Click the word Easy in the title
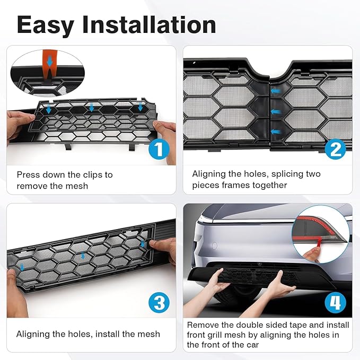pos(46,25)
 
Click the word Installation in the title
pos(149,24)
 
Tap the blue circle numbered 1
pos(159,150)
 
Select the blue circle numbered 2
pos(336,149)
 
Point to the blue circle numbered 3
pos(159,302)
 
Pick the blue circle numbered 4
pos(336,302)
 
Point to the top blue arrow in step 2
pos(276,91)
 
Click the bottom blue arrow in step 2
pos(276,132)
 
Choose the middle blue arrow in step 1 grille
pos(91,107)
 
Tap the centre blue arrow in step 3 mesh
pos(83,255)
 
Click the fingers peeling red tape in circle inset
pos(313,252)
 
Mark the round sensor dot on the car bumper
pos(214,245)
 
